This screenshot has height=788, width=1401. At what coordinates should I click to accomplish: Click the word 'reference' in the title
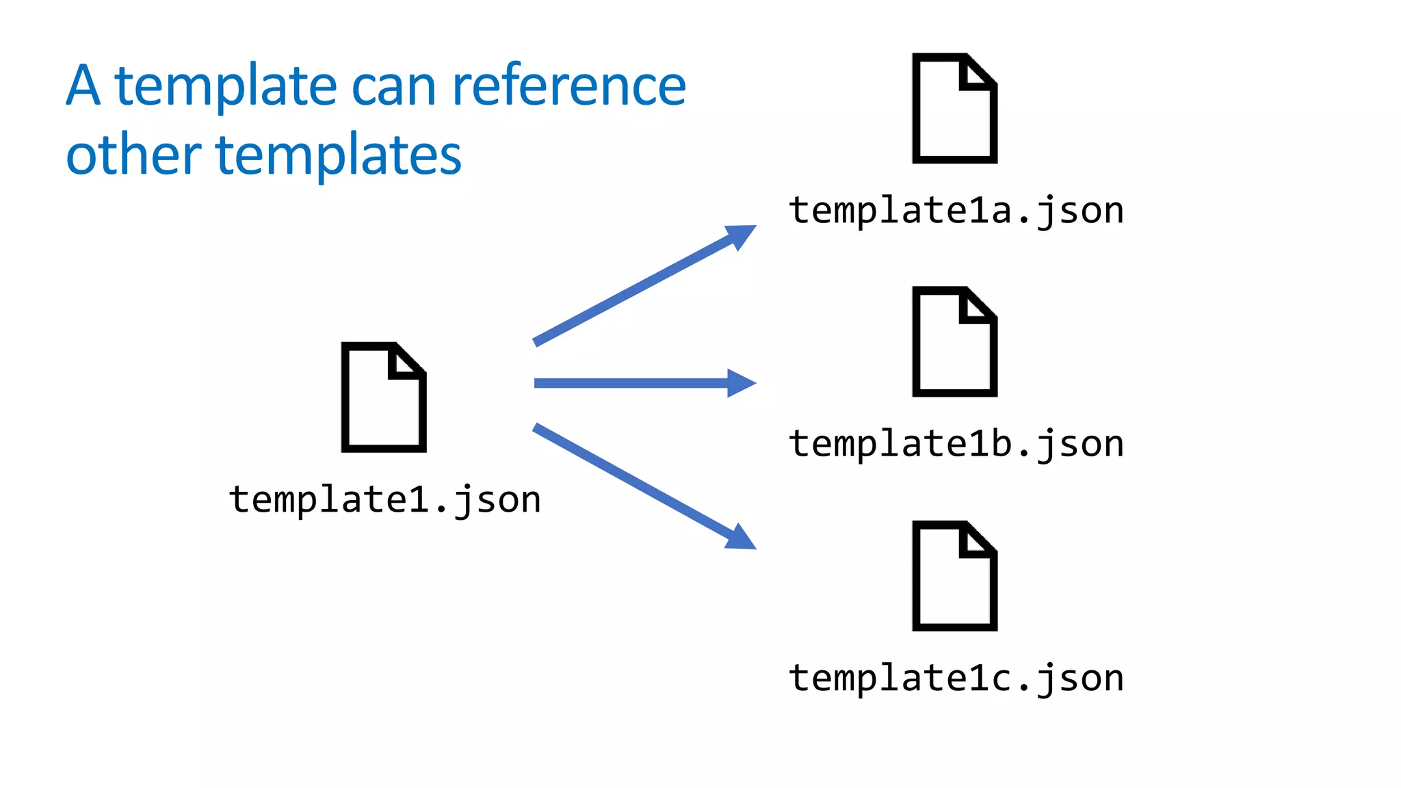pyautogui.click(x=568, y=86)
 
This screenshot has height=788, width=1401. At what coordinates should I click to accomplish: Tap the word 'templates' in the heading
pyautogui.click(x=339, y=155)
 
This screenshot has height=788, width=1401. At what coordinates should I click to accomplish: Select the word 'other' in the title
pyautogui.click(x=133, y=155)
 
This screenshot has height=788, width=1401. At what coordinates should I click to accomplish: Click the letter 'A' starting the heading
pyautogui.click(x=83, y=86)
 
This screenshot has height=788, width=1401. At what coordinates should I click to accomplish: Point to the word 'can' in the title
pyautogui.click(x=393, y=88)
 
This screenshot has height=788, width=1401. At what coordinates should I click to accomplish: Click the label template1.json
pyautogui.click(x=385, y=499)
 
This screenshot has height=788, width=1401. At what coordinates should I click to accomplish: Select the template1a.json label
pyautogui.click(x=956, y=210)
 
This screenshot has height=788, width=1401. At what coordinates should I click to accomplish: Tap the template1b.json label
pyautogui.click(x=956, y=443)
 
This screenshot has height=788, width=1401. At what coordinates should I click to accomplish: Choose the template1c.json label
pyautogui.click(x=956, y=678)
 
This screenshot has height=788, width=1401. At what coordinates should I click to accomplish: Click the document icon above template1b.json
pyautogui.click(x=954, y=342)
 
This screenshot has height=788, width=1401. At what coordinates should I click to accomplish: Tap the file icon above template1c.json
pyautogui.click(x=954, y=577)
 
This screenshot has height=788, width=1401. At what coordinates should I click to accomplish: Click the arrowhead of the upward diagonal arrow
pyautogui.click(x=742, y=235)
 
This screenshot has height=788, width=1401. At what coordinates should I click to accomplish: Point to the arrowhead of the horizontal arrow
pyautogui.click(x=742, y=383)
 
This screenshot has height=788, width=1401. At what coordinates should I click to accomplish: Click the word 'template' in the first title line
pyautogui.click(x=226, y=88)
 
